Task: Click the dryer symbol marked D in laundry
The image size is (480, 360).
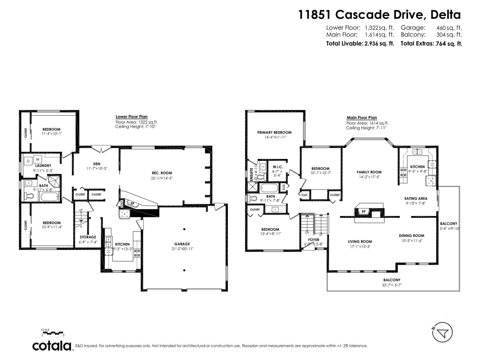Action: click(28, 161)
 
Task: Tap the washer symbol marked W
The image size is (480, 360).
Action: click(38, 159)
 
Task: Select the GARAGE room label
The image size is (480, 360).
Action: click(182, 244)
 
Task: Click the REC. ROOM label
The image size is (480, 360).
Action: click(162, 173)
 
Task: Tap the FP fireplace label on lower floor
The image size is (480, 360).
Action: click(132, 203)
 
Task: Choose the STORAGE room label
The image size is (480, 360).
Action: click(88, 237)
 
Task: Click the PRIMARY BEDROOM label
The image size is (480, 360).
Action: click(274, 132)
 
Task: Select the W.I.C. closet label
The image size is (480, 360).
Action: click(277, 167)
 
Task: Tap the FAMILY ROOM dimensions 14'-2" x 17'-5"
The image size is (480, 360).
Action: click(369, 177)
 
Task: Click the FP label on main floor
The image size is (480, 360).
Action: click(364, 211)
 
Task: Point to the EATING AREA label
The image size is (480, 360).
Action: click(415, 198)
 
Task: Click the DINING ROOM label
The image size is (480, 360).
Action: click(411, 235)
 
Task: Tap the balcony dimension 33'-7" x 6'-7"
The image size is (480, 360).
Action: click(391, 285)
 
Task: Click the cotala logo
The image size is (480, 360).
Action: click(52, 346)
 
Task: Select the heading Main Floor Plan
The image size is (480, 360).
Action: click(361, 118)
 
